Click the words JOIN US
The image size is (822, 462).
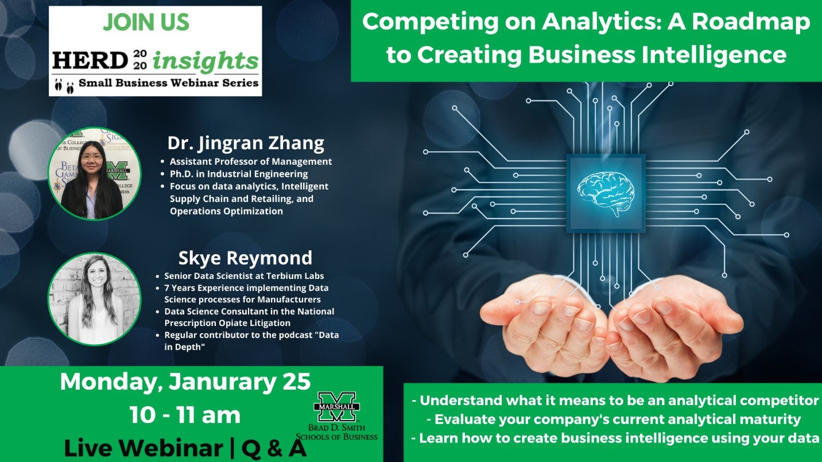point(146,22)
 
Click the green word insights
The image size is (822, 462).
point(206,61)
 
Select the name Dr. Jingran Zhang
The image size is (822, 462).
point(246,143)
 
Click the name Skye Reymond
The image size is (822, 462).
point(245,258)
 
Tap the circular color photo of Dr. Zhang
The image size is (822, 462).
point(94,173)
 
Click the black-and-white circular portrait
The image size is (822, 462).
point(94,299)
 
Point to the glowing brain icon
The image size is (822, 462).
point(606,193)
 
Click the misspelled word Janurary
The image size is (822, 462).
point(222,382)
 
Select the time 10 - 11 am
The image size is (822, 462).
point(185,415)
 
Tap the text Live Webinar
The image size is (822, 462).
point(144,448)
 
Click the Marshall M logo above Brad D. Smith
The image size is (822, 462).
point(336,406)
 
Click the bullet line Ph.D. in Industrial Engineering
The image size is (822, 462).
point(239,174)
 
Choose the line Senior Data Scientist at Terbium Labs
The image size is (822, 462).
point(244,276)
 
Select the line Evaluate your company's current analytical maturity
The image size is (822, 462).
point(618,419)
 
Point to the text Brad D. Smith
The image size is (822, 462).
point(336,428)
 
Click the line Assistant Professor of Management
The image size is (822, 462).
point(251,161)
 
